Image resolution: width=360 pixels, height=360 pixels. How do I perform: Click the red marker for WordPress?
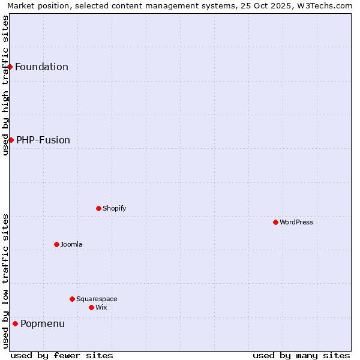click(x=275, y=222)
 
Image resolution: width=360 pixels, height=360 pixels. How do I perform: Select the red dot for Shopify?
click(x=98, y=208)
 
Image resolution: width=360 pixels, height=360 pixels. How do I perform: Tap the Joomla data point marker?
click(x=56, y=244)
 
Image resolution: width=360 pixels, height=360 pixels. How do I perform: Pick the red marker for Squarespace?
click(x=72, y=299)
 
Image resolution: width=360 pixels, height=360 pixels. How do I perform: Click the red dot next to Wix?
click(x=91, y=307)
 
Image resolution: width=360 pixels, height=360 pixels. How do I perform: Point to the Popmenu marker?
click(x=15, y=323)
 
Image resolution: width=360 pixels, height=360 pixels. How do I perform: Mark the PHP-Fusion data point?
click(x=11, y=140)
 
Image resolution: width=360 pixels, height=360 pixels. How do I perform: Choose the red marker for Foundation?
click(x=10, y=67)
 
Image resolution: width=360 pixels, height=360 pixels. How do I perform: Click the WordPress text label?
click(x=296, y=222)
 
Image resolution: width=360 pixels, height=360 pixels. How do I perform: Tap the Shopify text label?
click(x=114, y=208)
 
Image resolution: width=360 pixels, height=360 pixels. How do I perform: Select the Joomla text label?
click(x=71, y=244)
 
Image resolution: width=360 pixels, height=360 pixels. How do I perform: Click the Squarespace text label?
click(x=97, y=299)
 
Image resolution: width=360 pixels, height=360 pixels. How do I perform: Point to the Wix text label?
click(x=101, y=307)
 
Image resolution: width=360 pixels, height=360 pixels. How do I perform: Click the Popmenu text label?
click(x=43, y=324)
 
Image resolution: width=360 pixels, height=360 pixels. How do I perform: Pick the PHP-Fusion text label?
click(x=43, y=140)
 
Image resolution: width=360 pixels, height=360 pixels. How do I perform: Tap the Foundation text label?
click(x=41, y=67)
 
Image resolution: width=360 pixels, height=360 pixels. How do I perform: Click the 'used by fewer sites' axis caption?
click(x=62, y=355)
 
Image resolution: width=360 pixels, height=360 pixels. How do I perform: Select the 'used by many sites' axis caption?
click(x=301, y=355)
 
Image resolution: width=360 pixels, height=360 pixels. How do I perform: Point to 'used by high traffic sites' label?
click(x=5, y=85)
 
